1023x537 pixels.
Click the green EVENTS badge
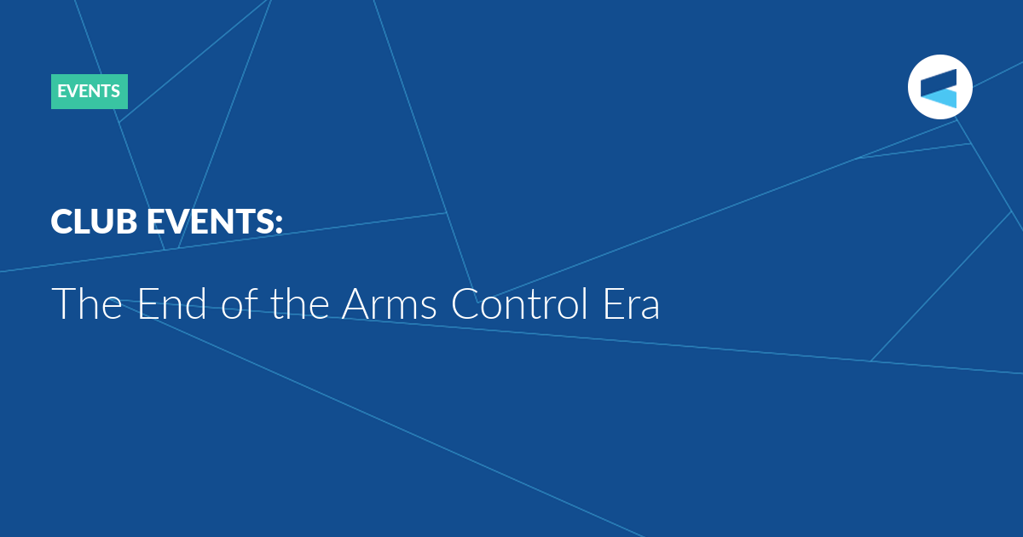[x=89, y=91]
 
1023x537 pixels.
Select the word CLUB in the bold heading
[x=94, y=222]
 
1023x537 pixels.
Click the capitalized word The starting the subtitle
[x=87, y=303]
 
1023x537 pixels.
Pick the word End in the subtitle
[x=172, y=303]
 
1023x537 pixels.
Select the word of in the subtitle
[x=240, y=303]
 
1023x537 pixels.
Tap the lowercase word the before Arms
[x=300, y=303]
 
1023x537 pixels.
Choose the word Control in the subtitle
[x=519, y=303]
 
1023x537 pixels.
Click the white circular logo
[x=939, y=87]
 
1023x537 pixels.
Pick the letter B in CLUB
[x=126, y=222]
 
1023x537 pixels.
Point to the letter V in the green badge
[x=75, y=91]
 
